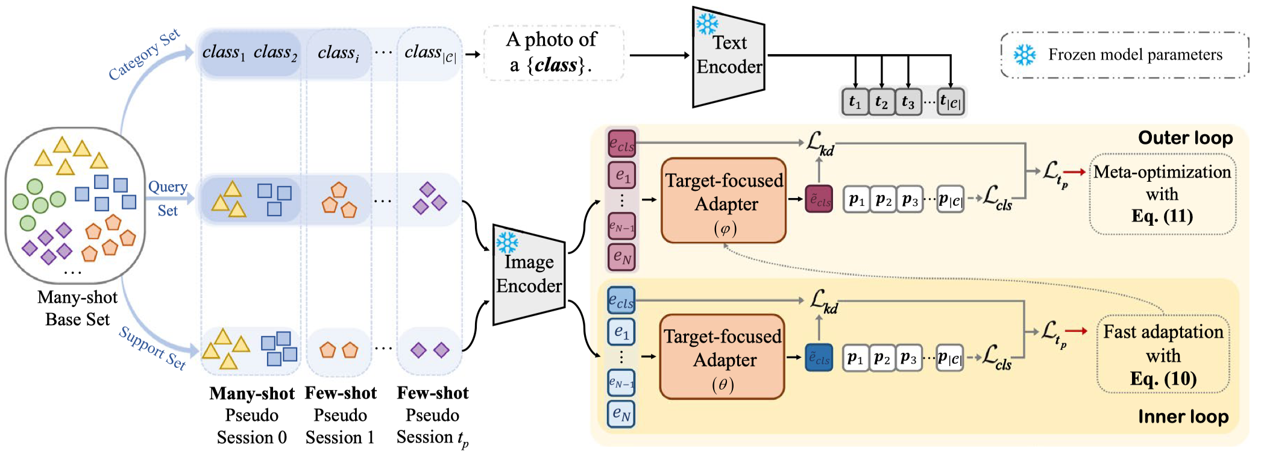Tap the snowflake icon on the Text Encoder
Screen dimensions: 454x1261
706,25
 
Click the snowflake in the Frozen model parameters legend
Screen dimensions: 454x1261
1024,55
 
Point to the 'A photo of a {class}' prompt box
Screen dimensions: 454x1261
553,53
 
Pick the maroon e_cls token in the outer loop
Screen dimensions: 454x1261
621,144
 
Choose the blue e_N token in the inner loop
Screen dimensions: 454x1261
621,414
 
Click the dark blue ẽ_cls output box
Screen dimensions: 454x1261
819,358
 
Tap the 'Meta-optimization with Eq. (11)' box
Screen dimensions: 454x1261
1162,194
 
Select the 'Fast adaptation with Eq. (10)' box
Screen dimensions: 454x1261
1163,355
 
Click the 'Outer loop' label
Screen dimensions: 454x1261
1184,138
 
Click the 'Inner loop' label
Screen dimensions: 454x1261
1183,417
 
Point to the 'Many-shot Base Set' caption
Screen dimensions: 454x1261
77,308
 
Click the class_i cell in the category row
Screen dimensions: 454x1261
338,54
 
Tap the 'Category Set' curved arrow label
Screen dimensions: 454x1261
145,54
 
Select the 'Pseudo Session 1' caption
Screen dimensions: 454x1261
340,426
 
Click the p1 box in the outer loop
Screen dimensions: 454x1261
856,200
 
